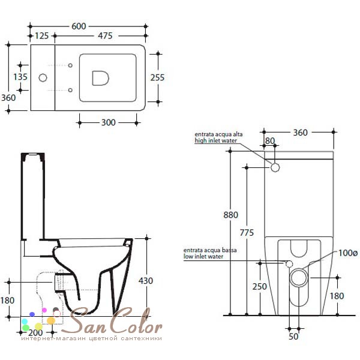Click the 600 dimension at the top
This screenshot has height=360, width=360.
point(79,26)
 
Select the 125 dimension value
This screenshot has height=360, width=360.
point(41,36)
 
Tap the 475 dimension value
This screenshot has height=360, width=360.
point(105,36)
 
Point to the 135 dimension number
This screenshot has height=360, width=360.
point(20,77)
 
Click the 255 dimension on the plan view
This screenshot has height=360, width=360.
point(157,77)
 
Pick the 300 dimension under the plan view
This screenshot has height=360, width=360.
point(109,122)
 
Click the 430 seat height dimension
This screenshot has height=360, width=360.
point(146,281)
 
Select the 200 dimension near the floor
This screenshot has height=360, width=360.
point(35,332)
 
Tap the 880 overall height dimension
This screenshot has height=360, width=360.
point(231,215)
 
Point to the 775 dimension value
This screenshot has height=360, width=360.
point(247,233)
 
